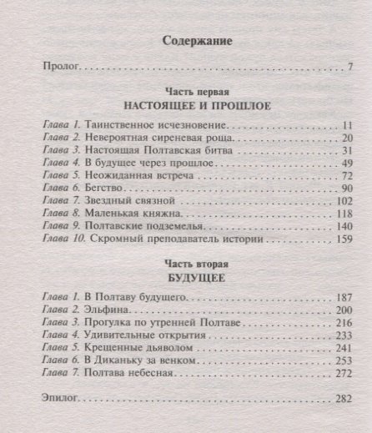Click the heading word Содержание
click(x=197, y=40)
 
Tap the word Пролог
click(x=59, y=68)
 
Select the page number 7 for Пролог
click(x=352, y=68)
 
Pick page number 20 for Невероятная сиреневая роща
click(x=349, y=138)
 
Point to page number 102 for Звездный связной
click(x=345, y=202)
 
